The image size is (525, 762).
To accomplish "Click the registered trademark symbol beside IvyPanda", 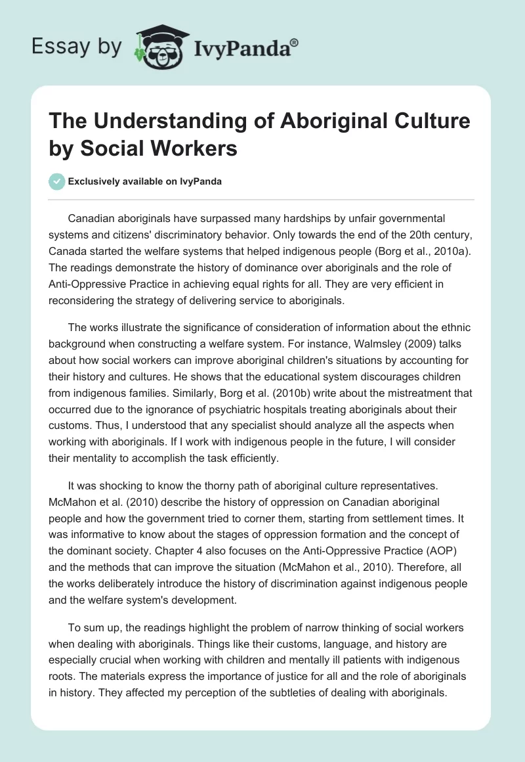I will click(x=295, y=43).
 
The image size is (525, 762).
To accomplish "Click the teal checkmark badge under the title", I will click(x=56, y=181).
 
